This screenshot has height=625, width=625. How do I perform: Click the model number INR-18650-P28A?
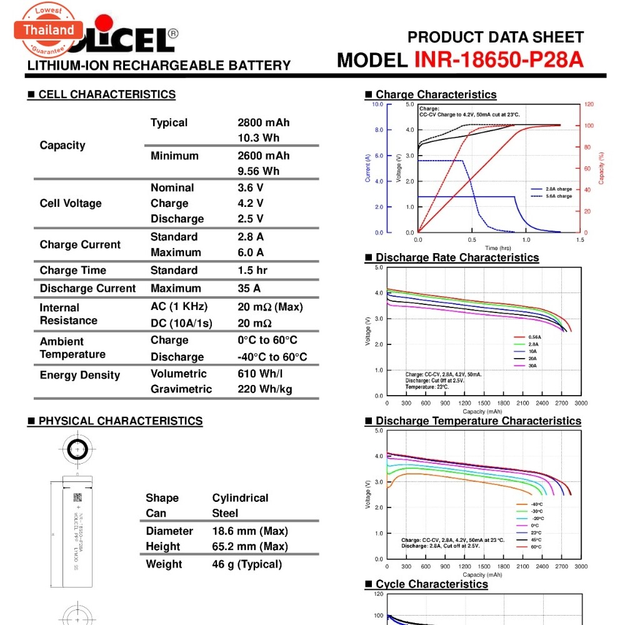pyautogui.click(x=499, y=59)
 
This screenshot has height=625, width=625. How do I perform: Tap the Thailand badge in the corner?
pyautogui.click(x=49, y=30)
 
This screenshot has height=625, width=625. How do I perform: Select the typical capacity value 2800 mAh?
pyautogui.click(x=263, y=122)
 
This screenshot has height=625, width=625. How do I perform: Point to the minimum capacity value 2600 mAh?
pyautogui.click(x=263, y=156)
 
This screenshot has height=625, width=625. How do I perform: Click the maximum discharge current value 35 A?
pyautogui.click(x=251, y=288)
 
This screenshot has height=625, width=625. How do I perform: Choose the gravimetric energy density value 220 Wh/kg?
pyautogui.click(x=264, y=389)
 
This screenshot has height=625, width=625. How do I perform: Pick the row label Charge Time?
pyautogui.click(x=72, y=270)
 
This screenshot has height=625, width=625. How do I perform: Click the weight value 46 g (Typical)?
pyautogui.click(x=247, y=564)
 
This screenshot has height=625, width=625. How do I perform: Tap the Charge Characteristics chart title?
pyautogui.click(x=436, y=94)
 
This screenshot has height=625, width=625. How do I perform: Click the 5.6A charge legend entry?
pyautogui.click(x=559, y=196)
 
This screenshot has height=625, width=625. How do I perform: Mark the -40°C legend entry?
pyautogui.click(x=536, y=504)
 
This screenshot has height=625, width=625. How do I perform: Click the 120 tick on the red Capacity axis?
pyautogui.click(x=589, y=104)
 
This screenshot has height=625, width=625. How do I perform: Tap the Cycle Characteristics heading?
pyautogui.click(x=431, y=584)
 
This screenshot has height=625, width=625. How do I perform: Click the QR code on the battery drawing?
pyautogui.click(x=77, y=497)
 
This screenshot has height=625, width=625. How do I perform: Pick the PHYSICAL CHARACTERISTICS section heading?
pyautogui.click(x=120, y=421)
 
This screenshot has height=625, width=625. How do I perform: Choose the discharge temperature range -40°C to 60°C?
pyautogui.click(x=272, y=357)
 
